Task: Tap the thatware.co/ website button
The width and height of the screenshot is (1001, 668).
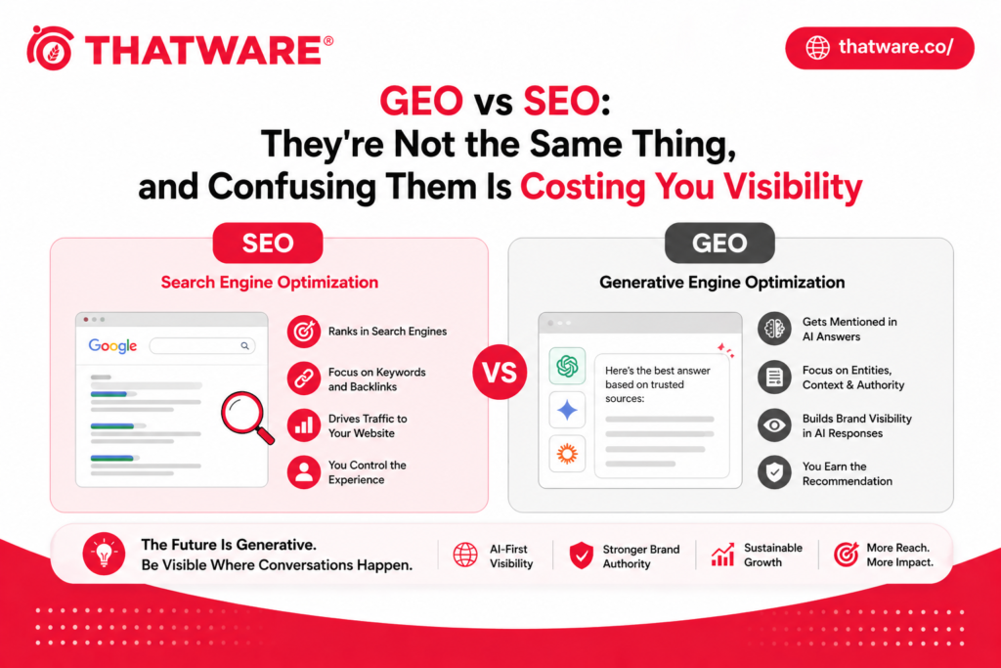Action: (879, 47)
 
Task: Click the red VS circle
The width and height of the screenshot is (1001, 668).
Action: (499, 373)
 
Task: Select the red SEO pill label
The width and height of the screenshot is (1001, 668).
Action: (268, 244)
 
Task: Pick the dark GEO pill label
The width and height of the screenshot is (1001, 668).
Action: (719, 244)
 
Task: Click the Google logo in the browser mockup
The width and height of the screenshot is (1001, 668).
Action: (112, 345)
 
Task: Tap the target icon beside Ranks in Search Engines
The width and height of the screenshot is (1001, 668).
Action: (304, 332)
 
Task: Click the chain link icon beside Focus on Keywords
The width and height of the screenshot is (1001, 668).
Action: (304, 379)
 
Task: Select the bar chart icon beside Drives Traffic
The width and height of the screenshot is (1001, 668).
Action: (304, 425)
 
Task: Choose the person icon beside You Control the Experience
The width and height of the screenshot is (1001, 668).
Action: (304, 472)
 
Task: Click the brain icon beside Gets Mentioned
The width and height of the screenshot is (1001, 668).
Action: (774, 329)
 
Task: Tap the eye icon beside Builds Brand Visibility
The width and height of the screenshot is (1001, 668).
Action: (774, 425)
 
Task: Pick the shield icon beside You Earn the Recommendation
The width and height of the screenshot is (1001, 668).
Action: (774, 473)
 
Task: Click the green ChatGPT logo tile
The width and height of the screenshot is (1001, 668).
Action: (567, 367)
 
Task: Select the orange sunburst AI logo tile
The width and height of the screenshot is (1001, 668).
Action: (567, 454)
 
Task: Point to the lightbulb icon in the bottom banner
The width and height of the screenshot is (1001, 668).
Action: (102, 555)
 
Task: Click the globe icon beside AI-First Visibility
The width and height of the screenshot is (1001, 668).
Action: (465, 556)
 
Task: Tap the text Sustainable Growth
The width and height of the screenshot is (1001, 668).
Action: (772, 556)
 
